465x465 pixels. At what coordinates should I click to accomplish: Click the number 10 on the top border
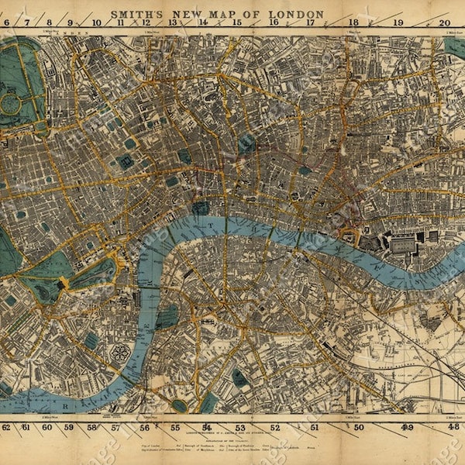(96, 23)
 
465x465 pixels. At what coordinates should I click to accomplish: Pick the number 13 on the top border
(173, 23)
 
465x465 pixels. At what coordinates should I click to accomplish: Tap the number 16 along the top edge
(274, 23)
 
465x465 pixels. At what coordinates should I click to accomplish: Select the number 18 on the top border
(353, 23)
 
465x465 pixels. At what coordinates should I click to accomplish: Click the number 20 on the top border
(444, 23)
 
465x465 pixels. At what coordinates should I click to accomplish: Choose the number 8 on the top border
(50, 23)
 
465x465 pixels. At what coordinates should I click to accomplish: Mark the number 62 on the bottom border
(6, 427)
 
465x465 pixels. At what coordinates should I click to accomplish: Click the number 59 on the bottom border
(69, 427)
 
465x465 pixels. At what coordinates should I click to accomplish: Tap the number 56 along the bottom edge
(145, 427)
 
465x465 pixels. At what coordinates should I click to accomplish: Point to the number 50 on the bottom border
(359, 427)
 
